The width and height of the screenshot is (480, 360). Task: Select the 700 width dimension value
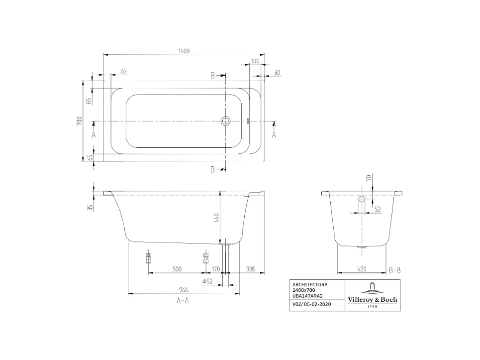79,121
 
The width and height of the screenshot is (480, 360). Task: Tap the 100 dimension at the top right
255,61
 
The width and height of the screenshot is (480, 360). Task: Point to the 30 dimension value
277,72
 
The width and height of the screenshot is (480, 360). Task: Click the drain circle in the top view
226,121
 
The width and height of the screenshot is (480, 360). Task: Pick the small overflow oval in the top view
247,121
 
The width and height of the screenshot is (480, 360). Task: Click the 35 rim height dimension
90,208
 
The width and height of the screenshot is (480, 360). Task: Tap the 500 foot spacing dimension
177,269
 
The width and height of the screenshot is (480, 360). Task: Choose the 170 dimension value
215,269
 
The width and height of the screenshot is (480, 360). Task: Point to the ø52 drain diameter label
207,281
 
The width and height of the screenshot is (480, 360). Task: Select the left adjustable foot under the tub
148,257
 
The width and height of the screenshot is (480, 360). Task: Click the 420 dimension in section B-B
362,269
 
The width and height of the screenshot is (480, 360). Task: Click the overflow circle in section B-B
362,200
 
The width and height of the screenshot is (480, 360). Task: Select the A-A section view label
183,300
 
